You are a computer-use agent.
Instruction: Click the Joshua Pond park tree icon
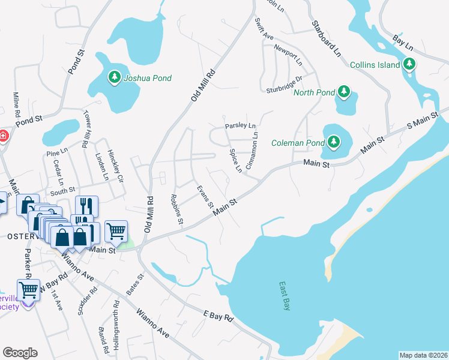click(114, 77)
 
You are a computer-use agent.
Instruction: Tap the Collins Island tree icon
click(409, 64)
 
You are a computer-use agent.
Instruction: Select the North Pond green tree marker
click(343, 92)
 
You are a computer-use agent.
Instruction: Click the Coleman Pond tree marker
click(332, 142)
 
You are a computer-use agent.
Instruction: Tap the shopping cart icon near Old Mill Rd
click(116, 230)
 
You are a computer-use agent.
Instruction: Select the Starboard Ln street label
click(326, 39)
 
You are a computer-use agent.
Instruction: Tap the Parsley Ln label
click(240, 126)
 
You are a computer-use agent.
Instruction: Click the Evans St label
click(205, 197)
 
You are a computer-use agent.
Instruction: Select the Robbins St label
click(176, 209)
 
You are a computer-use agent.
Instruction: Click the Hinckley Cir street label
click(115, 166)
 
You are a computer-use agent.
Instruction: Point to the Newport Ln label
click(288, 54)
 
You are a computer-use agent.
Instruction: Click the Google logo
click(20, 353)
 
